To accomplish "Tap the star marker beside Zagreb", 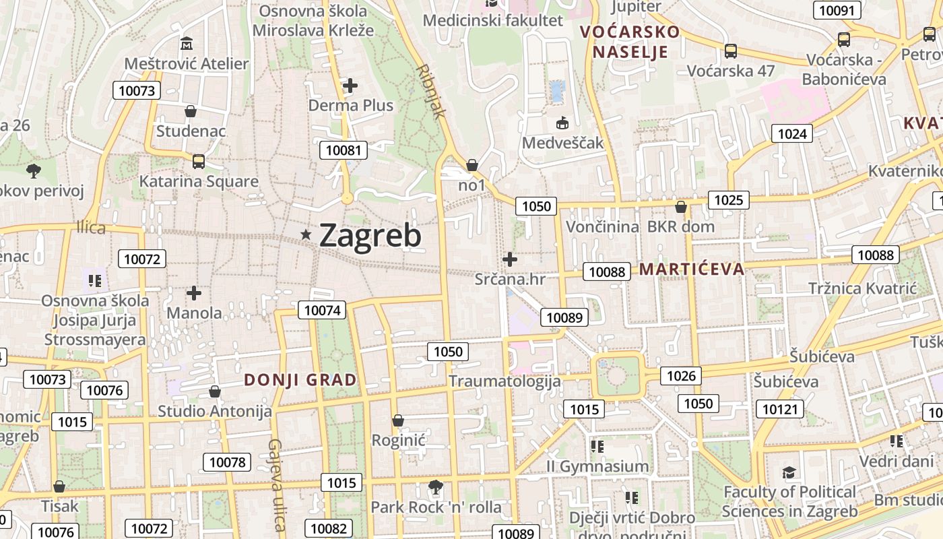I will pos(306,234).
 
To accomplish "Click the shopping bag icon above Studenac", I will pos(191,111).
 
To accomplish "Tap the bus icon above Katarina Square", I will pos(198,162).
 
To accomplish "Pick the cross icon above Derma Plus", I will pos(350,86).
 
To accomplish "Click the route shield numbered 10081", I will pos(344,150).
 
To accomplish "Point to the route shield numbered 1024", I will pos(791,133).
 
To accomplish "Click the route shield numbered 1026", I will pos(680,375).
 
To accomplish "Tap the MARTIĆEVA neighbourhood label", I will pos(692,269).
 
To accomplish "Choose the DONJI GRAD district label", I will pos(300,380).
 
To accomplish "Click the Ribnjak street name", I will pos(431,92).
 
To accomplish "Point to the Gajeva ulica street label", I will pos(277,484).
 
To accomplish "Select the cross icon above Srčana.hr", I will pos(510,259).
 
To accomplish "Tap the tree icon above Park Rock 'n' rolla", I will pos(436,486).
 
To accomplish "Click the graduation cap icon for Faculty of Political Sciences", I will pos(789,473).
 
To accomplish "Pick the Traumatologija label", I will pos(505,381).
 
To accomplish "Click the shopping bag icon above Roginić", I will pos(398,420).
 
